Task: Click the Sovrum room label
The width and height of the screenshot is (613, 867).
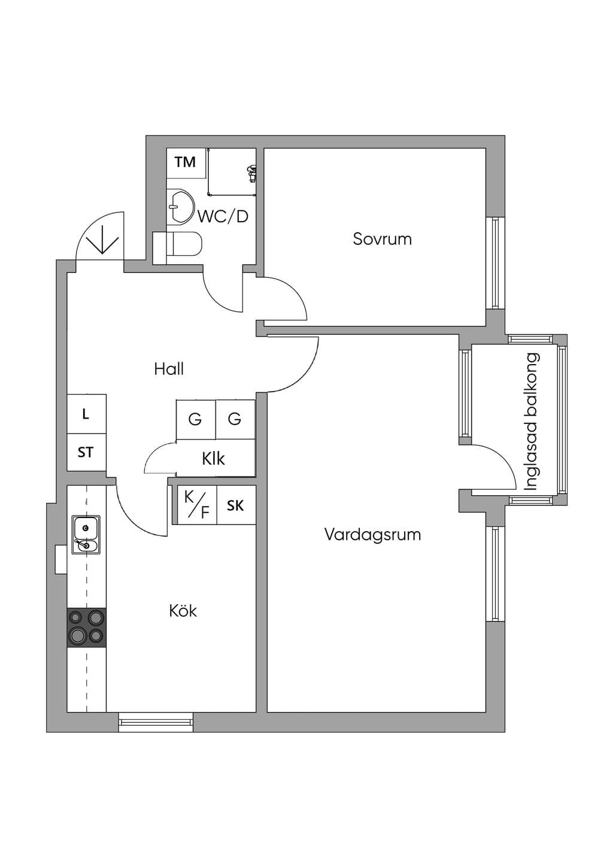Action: (x=382, y=239)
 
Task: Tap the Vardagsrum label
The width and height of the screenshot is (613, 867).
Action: (x=373, y=535)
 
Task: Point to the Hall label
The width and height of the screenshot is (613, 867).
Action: (x=169, y=369)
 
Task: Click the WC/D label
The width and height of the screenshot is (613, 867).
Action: (x=223, y=217)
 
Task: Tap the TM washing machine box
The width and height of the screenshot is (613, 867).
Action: (x=186, y=163)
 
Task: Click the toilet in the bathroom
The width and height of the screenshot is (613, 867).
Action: (x=178, y=245)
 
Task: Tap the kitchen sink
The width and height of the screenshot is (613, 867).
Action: (x=86, y=535)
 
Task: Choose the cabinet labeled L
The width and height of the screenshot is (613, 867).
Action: (x=87, y=414)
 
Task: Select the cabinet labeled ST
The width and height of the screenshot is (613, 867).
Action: (x=87, y=453)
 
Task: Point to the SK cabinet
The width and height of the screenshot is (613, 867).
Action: (x=236, y=505)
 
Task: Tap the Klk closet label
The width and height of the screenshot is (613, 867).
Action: (x=213, y=459)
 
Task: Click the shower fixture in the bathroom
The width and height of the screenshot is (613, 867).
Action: (x=252, y=173)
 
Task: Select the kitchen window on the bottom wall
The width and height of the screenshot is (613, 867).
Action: (x=156, y=722)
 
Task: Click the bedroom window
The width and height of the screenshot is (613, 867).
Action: (x=495, y=263)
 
